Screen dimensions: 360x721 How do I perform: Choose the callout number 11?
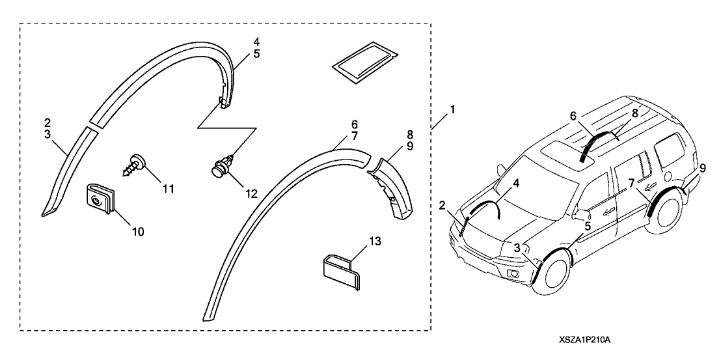[168, 189]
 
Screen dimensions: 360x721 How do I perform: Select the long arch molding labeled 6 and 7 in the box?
[280, 215]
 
